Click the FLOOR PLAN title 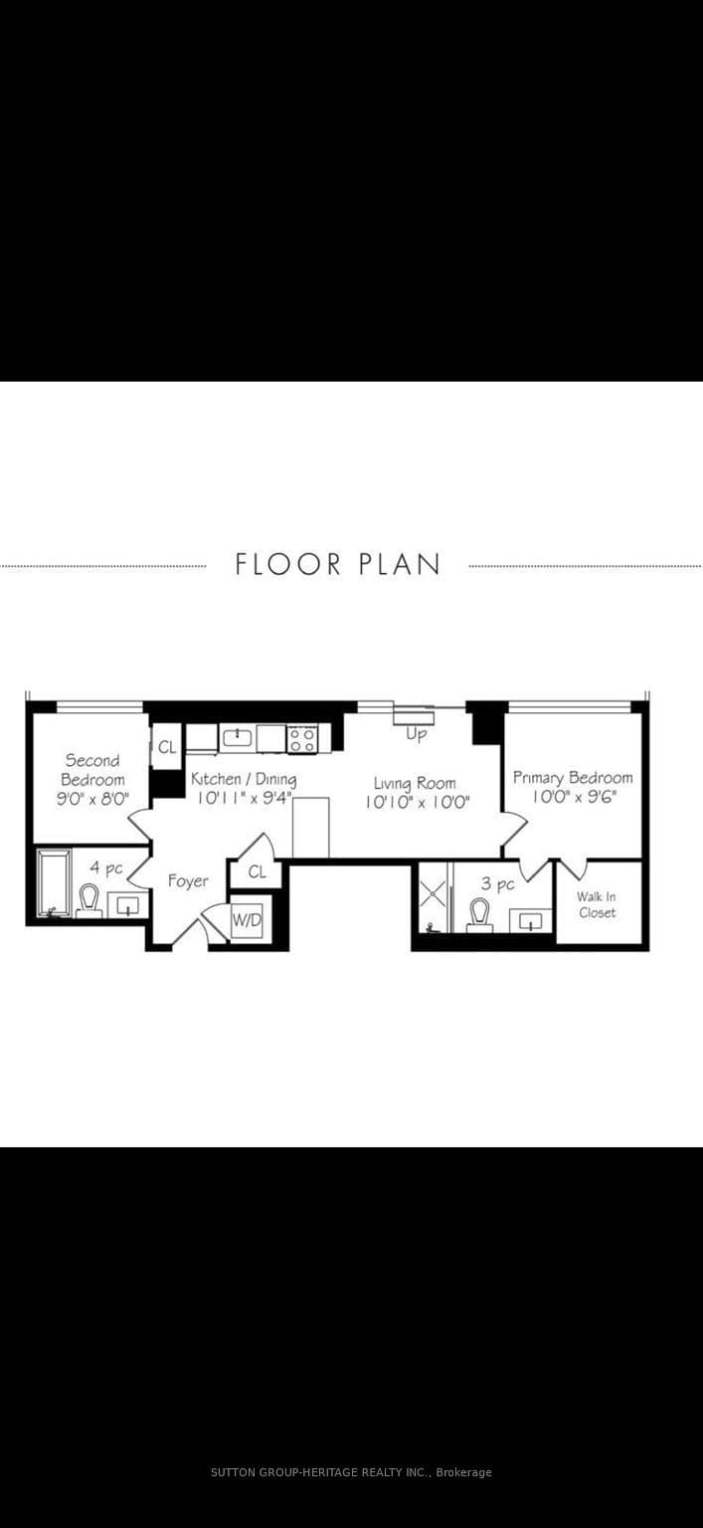tap(337, 565)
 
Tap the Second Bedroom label tap(92, 769)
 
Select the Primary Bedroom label tap(573, 778)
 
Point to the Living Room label tap(415, 784)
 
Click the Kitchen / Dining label tap(244, 779)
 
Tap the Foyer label tap(188, 881)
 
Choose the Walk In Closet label tap(597, 904)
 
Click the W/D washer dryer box tap(247, 919)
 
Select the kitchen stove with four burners tap(302, 739)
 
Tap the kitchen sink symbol tap(237, 737)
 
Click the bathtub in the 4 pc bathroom tap(54, 883)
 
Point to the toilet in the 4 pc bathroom tap(88, 900)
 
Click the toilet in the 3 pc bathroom tap(479, 915)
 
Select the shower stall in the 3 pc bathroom tap(435, 896)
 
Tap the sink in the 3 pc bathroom tap(530, 921)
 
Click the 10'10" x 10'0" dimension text tap(418, 802)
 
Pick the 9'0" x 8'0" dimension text tap(92, 799)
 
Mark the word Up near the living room tap(416, 735)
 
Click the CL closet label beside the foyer tap(258, 871)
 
